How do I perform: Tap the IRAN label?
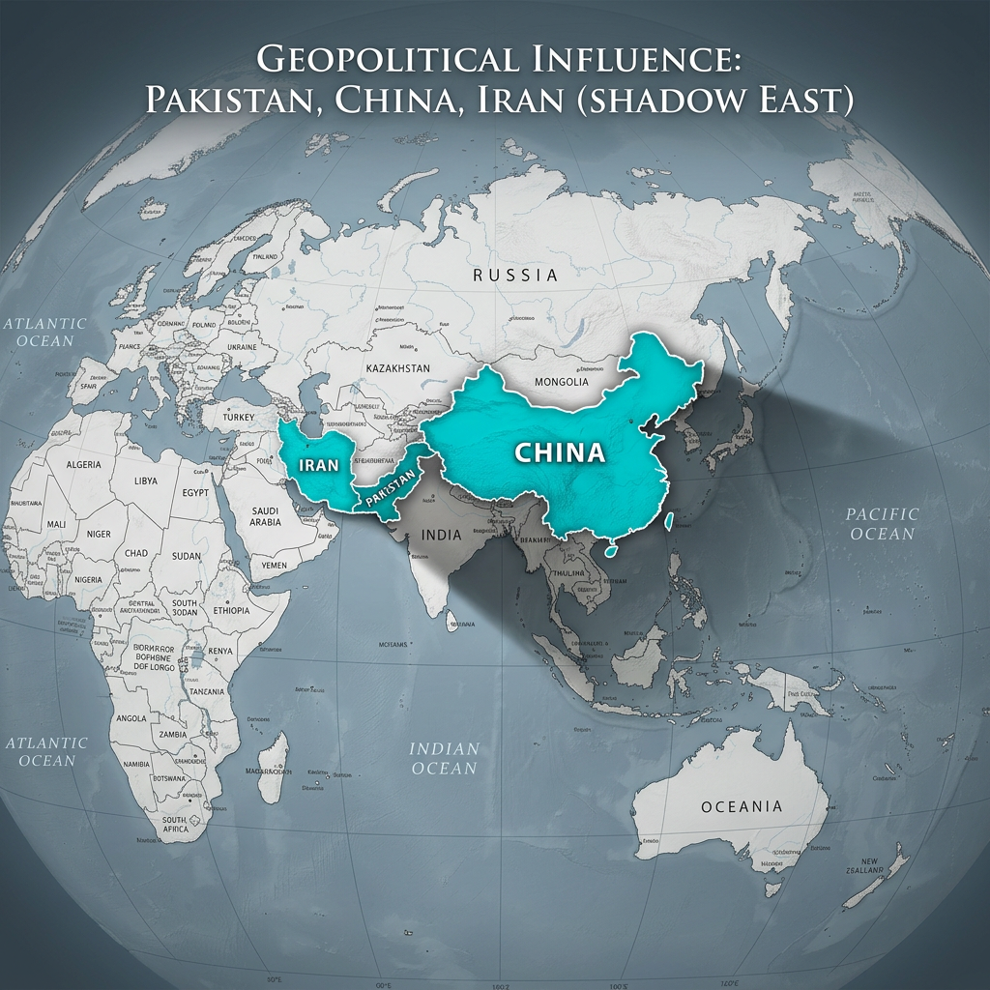[319, 464]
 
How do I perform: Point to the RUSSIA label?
[515, 276]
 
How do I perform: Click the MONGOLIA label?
[561, 382]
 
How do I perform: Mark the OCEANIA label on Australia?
[742, 806]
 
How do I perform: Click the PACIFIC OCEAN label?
[882, 523]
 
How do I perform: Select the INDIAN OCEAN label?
[445, 758]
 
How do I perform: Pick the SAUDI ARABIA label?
[266, 516]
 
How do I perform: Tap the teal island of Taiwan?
[608, 552]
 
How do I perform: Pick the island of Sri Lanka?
[451, 624]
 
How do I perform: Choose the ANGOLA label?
[131, 718]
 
